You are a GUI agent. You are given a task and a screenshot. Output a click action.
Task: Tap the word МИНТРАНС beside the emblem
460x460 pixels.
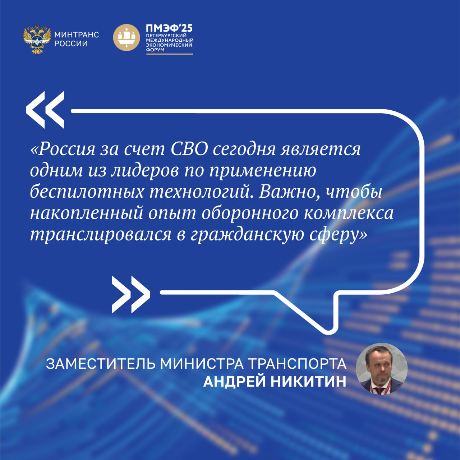pyautogui.click(x=77, y=35)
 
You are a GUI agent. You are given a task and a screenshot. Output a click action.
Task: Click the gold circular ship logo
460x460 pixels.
pyautogui.click(x=126, y=37)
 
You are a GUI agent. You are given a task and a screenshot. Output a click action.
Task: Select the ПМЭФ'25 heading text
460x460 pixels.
pyautogui.click(x=169, y=28)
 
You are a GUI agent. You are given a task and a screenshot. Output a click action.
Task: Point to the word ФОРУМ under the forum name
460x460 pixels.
pyautogui.click(x=155, y=50)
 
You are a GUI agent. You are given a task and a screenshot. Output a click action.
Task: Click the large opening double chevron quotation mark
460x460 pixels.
pyautogui.click(x=45, y=110)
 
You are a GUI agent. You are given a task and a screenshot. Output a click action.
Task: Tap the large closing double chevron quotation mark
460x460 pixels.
pyautogui.click(x=131, y=295)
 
